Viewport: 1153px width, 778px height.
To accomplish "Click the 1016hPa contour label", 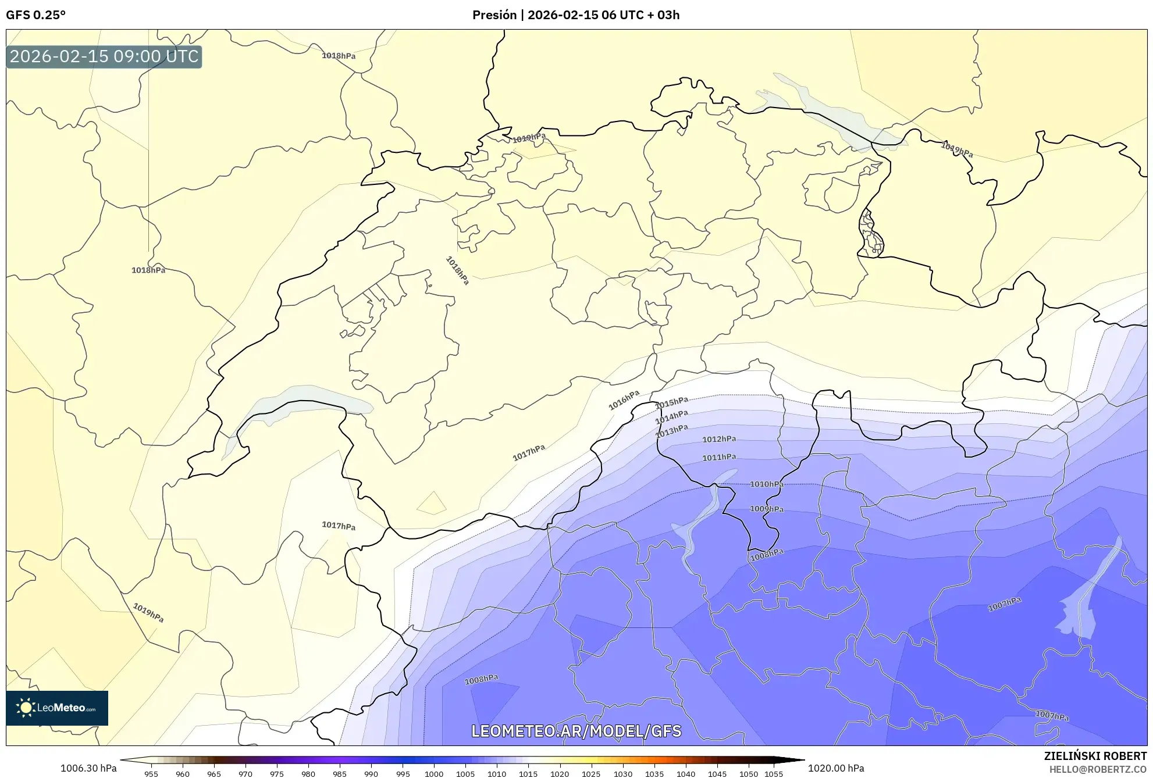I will [624, 400].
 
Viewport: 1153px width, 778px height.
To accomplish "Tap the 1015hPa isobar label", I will [672, 402].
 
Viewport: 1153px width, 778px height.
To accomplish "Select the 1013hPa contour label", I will [672, 431].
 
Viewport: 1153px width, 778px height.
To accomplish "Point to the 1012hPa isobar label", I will [719, 439].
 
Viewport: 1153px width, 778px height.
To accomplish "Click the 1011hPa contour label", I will [719, 458].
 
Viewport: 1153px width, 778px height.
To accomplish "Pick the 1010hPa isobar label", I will [767, 484].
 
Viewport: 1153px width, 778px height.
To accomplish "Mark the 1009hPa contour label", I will [767, 509].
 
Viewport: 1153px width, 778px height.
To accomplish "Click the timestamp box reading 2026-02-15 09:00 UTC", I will [104, 56].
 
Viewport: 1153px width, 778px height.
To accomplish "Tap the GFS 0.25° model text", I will [35, 15].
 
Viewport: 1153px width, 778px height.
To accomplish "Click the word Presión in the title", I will [494, 15].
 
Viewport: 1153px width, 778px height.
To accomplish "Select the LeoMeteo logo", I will [57, 708].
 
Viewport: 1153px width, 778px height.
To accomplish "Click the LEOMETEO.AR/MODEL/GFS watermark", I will [576, 731].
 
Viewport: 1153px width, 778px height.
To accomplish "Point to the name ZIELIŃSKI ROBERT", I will [1095, 756].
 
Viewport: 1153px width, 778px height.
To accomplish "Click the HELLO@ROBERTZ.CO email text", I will [1098, 769].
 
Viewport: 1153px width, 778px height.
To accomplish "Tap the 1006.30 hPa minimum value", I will [88, 768].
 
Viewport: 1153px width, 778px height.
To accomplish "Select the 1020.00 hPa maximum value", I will [836, 768].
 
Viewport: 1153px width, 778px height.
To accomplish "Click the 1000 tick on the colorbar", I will [434, 774].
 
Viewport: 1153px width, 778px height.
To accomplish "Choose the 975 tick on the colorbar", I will [277, 774].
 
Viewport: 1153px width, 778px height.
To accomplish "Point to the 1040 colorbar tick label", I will [686, 774].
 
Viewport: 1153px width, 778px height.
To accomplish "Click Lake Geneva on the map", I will [303, 398].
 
